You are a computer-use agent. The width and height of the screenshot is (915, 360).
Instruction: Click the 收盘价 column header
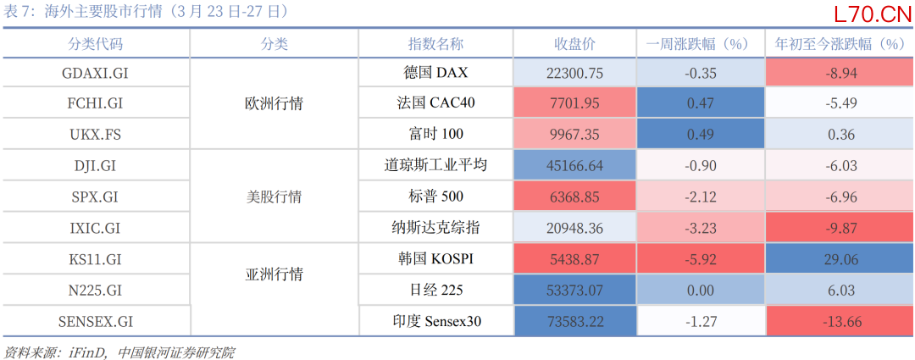click(574, 44)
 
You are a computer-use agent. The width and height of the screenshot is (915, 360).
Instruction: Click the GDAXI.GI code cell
click(95, 74)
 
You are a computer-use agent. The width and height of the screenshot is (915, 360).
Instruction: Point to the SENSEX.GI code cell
click(95, 321)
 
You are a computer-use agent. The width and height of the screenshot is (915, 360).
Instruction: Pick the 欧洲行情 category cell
click(274, 104)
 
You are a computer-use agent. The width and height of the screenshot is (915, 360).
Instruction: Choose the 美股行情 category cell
click(274, 197)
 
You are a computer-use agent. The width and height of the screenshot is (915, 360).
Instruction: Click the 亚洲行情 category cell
click(274, 274)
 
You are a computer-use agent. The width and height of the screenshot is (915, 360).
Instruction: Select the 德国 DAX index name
click(435, 74)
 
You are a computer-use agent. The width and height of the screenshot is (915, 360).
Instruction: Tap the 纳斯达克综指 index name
click(435, 228)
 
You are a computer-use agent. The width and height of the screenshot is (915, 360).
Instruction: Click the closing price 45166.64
click(574, 166)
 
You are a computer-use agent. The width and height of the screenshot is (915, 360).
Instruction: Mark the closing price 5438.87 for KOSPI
click(574, 259)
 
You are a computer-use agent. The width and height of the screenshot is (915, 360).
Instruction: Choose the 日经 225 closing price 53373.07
click(574, 290)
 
